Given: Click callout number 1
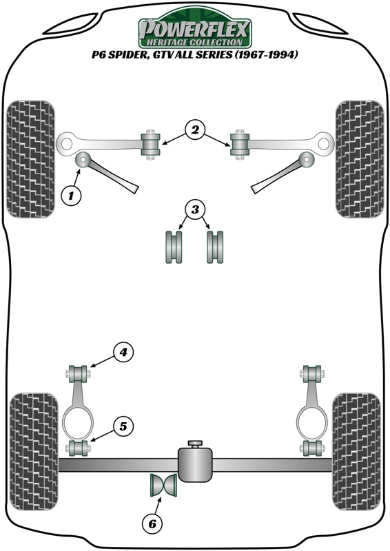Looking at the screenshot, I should [x=70, y=196].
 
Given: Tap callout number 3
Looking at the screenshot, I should [x=195, y=209].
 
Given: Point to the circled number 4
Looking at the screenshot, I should [x=123, y=353].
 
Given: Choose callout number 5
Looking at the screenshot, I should [x=123, y=426].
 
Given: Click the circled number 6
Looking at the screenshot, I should [x=150, y=524].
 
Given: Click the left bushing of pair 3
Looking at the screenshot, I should [x=173, y=247].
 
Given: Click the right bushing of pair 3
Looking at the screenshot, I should [x=216, y=247].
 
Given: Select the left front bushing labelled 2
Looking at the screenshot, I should [x=150, y=143].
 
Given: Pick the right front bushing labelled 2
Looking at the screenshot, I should [x=240, y=143].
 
